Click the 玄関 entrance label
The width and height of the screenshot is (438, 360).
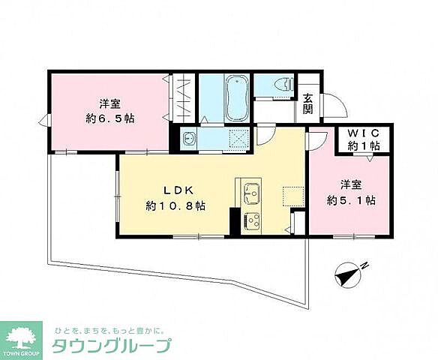pos(307,103)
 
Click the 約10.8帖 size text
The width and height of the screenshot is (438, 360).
pos(175,204)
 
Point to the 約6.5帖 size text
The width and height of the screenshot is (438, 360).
pos(109,118)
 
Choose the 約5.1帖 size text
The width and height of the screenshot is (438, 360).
pos(350,199)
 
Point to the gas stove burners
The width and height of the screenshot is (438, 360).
pos(250,220)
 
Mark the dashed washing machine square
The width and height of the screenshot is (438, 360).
pos(239,139)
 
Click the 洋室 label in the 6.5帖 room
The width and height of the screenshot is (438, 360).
pos(109,103)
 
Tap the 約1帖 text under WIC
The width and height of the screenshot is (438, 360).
pos(364,146)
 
